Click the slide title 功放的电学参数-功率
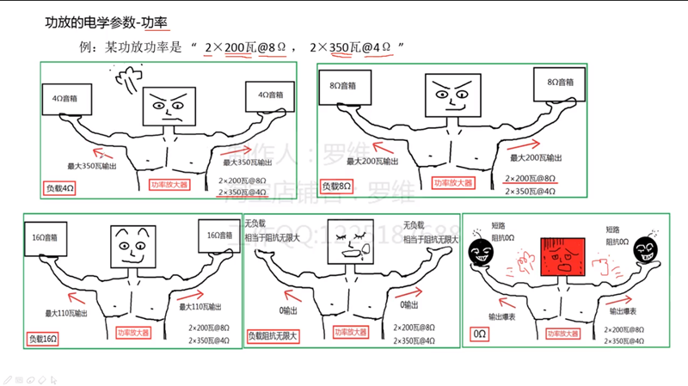104,22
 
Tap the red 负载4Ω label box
61,187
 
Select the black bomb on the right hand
646,249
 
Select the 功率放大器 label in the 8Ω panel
454,183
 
